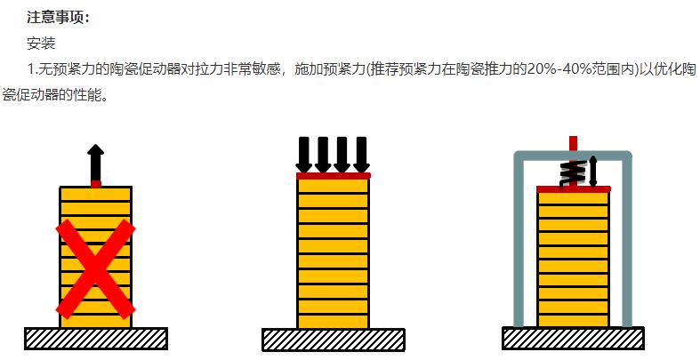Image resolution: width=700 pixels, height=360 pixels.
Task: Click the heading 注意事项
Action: pyautogui.click(x=58, y=17)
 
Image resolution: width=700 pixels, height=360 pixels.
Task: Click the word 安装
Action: pyautogui.click(x=41, y=44)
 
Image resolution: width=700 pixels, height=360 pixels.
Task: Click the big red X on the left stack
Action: pyautogui.click(x=95, y=269)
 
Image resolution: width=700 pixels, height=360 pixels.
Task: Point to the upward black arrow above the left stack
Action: pyautogui.click(x=95, y=163)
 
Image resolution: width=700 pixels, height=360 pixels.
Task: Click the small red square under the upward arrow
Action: pyautogui.click(x=96, y=184)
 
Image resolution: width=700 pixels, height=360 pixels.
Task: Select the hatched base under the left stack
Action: pyautogui.click(x=96, y=339)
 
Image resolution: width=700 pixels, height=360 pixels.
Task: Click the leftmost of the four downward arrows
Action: pyautogui.click(x=304, y=155)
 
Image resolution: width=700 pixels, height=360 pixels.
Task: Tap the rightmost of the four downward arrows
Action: pyautogui.click(x=362, y=155)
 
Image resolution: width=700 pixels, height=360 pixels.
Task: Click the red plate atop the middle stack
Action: pyautogui.click(x=334, y=176)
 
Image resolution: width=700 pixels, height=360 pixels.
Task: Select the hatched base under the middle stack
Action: pyautogui.click(x=334, y=340)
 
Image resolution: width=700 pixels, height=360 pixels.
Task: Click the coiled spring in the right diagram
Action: pyautogui.click(x=573, y=174)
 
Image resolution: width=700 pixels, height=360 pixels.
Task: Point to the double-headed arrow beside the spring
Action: pyautogui.click(x=593, y=172)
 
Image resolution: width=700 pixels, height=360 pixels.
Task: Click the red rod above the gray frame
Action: pyautogui.click(x=573, y=144)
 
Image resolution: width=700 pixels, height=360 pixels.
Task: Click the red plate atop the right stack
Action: pyautogui.click(x=573, y=189)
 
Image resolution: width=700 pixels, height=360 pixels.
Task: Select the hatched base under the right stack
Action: pyautogui.click(x=573, y=338)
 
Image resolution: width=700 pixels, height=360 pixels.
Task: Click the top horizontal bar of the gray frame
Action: pyautogui.click(x=573, y=156)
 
